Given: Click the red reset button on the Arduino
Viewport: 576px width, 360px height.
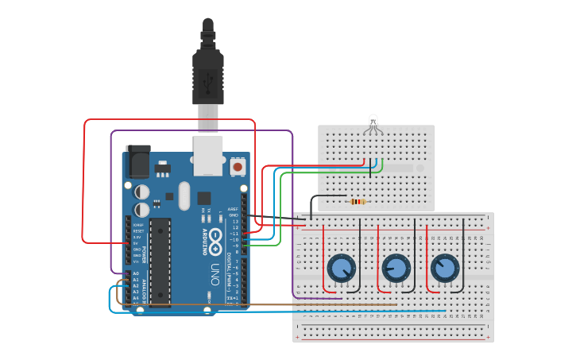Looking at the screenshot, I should tap(237, 168).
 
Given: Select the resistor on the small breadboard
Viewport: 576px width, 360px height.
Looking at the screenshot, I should tap(358, 201).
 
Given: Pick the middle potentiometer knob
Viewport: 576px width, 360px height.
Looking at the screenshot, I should tap(395, 268).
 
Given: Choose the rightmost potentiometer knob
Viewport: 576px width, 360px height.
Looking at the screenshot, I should tap(445, 268).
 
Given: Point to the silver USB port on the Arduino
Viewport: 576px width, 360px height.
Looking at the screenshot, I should tap(208, 154).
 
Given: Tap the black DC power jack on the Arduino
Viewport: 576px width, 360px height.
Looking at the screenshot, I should tap(137, 162).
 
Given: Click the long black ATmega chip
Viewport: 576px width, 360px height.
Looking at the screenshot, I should tap(160, 261).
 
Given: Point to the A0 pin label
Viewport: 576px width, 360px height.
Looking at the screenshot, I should tap(136, 273).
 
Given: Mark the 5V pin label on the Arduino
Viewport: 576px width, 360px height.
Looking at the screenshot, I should tap(137, 243).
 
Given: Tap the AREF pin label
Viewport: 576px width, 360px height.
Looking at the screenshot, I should tap(234, 209).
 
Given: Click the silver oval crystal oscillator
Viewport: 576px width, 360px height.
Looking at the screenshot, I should tap(184, 195).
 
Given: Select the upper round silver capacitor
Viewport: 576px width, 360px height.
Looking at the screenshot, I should tap(142, 192).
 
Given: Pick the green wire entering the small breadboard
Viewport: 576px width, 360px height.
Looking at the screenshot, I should tap(382, 167).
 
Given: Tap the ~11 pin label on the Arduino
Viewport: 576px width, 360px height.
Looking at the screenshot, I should tap(234, 233).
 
